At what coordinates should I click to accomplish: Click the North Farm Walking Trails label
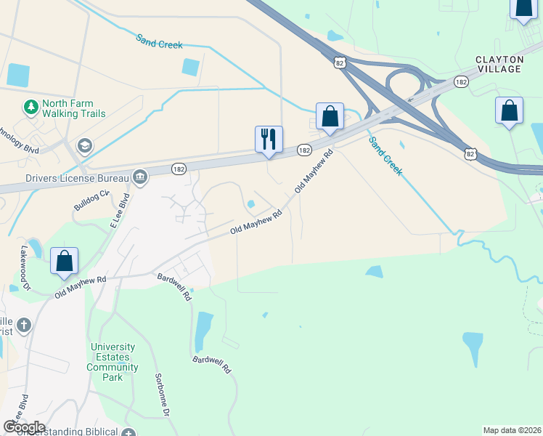[x=73, y=109]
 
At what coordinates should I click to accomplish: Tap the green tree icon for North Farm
[x=30, y=108]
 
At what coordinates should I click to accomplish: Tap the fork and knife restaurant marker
[x=269, y=139]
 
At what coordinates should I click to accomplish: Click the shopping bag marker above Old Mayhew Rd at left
[x=64, y=261]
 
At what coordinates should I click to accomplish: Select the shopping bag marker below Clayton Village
[x=510, y=111]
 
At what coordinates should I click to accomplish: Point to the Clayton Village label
[x=499, y=64]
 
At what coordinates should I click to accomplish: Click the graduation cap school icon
[x=85, y=147]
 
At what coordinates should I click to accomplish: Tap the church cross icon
[x=24, y=324]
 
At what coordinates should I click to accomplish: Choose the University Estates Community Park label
[x=113, y=363]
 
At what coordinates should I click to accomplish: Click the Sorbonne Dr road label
[x=162, y=395]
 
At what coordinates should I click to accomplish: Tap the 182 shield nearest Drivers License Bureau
[x=179, y=169]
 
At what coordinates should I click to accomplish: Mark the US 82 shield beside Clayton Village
[x=470, y=153]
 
